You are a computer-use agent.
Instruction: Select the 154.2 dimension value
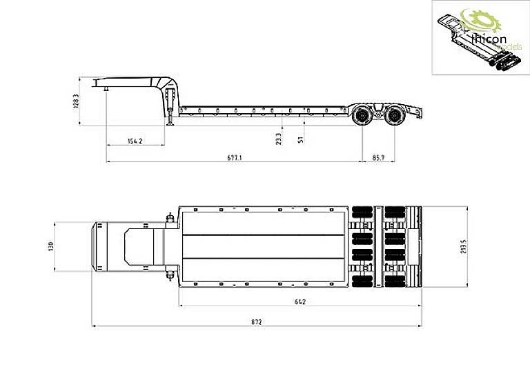pyautogui.click(x=135, y=141)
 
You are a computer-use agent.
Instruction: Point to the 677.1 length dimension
pyautogui.click(x=234, y=158)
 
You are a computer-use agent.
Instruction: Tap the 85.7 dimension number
pyautogui.click(x=378, y=158)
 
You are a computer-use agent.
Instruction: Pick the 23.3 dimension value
pyautogui.click(x=279, y=137)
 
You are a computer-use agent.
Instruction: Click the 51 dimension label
pyautogui.click(x=300, y=140)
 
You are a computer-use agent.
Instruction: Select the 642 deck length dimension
pyautogui.click(x=299, y=301)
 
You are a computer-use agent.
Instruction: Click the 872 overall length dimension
pyautogui.click(x=256, y=321)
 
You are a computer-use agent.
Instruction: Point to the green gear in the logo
pyautogui.click(x=472, y=22)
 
